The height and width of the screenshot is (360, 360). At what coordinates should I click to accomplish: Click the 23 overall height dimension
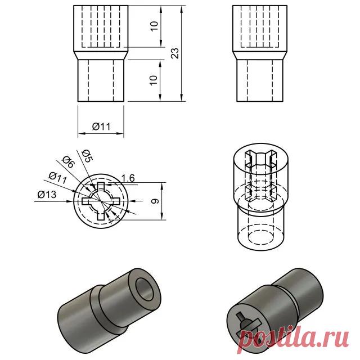tap(175, 53)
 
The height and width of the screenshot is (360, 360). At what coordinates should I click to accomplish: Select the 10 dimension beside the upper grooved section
tap(154, 26)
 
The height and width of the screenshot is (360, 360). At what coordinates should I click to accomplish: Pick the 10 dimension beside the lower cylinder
tap(154, 80)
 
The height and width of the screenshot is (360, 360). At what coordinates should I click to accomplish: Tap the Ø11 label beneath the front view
tap(101, 127)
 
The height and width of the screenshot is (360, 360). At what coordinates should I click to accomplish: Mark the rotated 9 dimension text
tap(157, 201)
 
